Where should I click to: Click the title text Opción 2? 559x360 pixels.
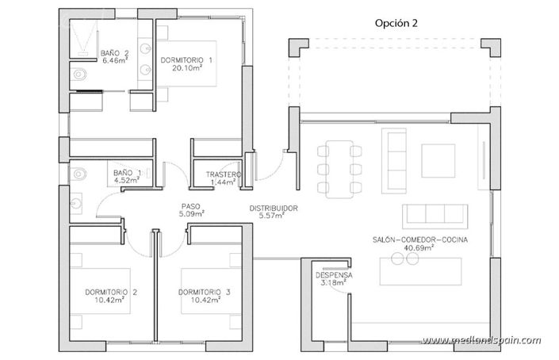396,23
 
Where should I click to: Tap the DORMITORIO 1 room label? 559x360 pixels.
187,59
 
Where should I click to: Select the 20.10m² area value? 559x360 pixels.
187,68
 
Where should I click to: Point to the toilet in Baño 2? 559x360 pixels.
77,76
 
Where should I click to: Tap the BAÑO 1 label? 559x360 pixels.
127,172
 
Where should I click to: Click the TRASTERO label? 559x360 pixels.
223,174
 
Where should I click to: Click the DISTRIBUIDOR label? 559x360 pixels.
274,209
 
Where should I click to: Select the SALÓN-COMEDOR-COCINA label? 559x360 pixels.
419,239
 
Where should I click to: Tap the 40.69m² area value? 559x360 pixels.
419,248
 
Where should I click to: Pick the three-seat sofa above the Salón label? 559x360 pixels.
433,215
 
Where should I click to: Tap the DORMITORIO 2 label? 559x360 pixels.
111,293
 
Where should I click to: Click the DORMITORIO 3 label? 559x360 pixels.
205,293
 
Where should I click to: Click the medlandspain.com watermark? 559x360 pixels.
481,341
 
